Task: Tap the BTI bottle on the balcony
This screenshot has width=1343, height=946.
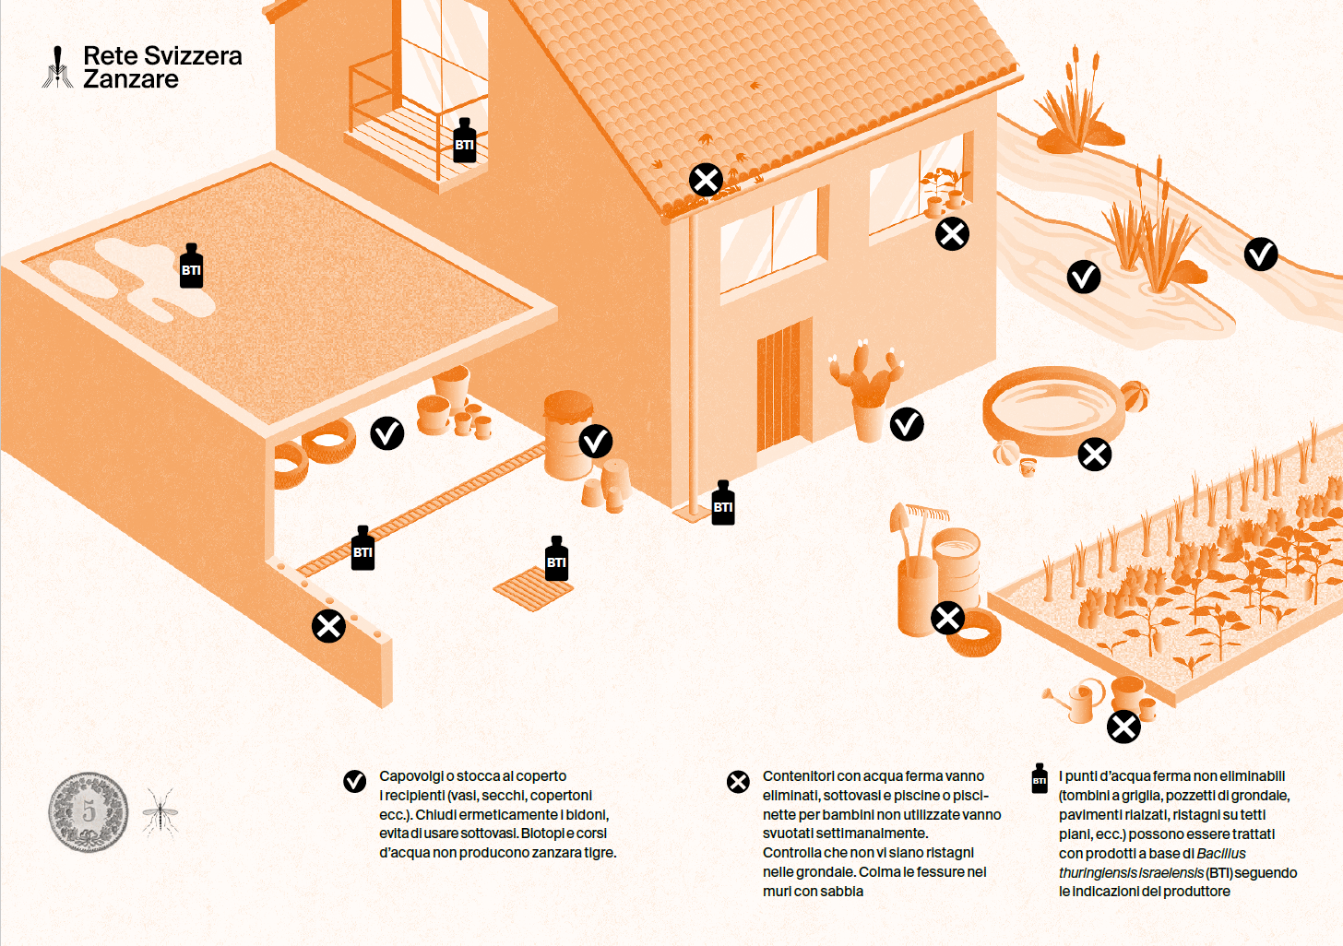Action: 464,140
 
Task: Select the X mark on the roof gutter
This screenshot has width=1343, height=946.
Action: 706,179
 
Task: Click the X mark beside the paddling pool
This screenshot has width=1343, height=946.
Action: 1095,454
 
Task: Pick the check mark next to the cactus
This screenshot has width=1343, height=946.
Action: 907,424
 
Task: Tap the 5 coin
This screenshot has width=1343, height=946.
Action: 89,812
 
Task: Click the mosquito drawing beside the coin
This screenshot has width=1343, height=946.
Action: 160,813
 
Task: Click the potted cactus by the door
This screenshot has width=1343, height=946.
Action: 866,390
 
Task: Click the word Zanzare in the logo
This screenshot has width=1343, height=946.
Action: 131,79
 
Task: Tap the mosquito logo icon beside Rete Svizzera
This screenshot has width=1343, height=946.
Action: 57,67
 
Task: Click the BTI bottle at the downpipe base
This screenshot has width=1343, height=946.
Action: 723,503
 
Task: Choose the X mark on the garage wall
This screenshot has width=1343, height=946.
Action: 328,626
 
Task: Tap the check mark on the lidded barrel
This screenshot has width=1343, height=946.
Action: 595,442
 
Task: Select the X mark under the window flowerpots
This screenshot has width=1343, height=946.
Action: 952,233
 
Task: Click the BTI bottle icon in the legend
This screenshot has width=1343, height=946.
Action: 1039,778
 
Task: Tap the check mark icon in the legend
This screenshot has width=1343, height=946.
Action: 354,782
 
